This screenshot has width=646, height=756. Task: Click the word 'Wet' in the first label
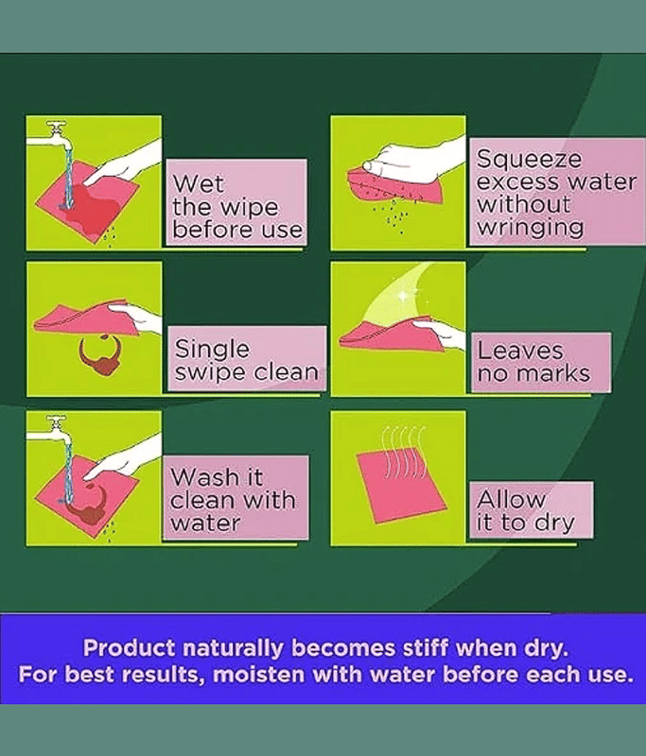[x=199, y=183]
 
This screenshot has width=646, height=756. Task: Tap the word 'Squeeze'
[x=530, y=159]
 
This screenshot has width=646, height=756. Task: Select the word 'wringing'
[x=531, y=228]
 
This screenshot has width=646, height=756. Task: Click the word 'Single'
[x=212, y=349]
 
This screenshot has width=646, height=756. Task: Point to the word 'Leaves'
[x=520, y=351]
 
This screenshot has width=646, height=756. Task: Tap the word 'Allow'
[x=511, y=499]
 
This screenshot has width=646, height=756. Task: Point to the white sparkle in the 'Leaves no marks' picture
[x=403, y=296]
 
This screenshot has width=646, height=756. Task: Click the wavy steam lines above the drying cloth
[x=404, y=452]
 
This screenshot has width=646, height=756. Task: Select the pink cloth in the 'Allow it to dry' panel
[x=401, y=488]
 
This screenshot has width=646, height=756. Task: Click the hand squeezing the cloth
[x=412, y=160]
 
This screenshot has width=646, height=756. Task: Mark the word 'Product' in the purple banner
[x=129, y=648]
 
